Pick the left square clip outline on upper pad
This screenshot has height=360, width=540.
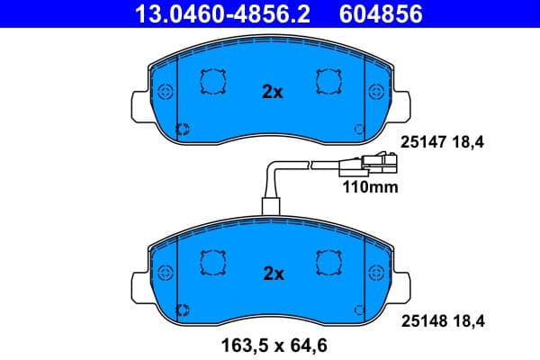(x=213, y=82)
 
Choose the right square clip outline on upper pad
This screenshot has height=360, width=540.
(x=328, y=82)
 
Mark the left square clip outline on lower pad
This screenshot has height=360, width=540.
(x=213, y=262)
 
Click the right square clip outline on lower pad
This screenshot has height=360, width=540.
(x=328, y=262)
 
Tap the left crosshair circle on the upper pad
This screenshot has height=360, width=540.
(x=164, y=93)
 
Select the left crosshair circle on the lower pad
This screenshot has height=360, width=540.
(x=164, y=271)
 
